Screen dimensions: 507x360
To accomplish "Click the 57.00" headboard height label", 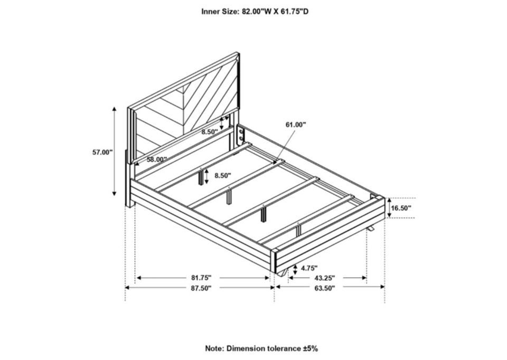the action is pos(102,152).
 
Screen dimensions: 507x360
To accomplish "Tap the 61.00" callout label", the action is pos(296,125).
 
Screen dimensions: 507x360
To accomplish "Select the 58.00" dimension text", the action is pos(157,159).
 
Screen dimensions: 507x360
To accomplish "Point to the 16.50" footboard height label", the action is pos(401,208).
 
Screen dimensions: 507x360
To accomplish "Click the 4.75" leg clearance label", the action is pos(309,268).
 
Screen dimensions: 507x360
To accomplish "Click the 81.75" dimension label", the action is pos(201,278).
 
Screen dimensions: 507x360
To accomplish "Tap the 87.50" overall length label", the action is pos(201,288).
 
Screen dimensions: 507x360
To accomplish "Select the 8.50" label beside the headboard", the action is pos(210,132).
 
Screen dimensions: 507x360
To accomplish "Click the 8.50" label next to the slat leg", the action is pos(223,175).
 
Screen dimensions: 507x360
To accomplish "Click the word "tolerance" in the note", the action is pos(284,348).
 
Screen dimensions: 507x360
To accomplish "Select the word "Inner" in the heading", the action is pos(210,12).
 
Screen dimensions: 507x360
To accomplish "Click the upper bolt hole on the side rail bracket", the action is pos(241,131).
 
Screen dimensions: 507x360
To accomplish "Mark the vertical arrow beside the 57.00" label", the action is pos(114,151).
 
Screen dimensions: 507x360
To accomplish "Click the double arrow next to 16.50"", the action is pos(389,208).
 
